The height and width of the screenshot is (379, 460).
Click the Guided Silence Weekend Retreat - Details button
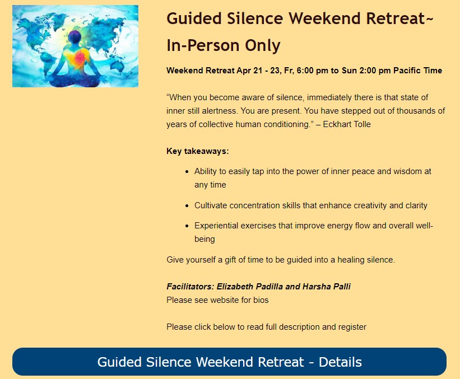(x=229, y=362)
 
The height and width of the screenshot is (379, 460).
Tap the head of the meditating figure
(x=75, y=37)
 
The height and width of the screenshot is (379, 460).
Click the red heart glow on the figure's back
(x=80, y=58)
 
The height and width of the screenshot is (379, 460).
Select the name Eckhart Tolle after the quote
(x=347, y=124)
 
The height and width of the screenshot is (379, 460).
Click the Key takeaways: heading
(x=197, y=151)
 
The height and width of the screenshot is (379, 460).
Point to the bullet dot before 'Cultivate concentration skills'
(x=187, y=206)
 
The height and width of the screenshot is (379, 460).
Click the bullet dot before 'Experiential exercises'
(x=187, y=226)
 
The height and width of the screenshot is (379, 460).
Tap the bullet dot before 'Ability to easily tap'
(x=187, y=172)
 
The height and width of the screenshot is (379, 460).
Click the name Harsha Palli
(x=327, y=287)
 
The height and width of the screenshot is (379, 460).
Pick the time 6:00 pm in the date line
(x=313, y=71)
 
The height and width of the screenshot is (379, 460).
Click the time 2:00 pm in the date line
(x=375, y=71)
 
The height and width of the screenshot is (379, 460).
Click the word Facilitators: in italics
(x=190, y=287)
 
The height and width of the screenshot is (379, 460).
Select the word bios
(x=261, y=300)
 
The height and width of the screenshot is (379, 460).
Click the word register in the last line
(x=352, y=327)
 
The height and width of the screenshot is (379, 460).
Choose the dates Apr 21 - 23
(x=259, y=71)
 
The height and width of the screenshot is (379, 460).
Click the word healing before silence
(x=351, y=260)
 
